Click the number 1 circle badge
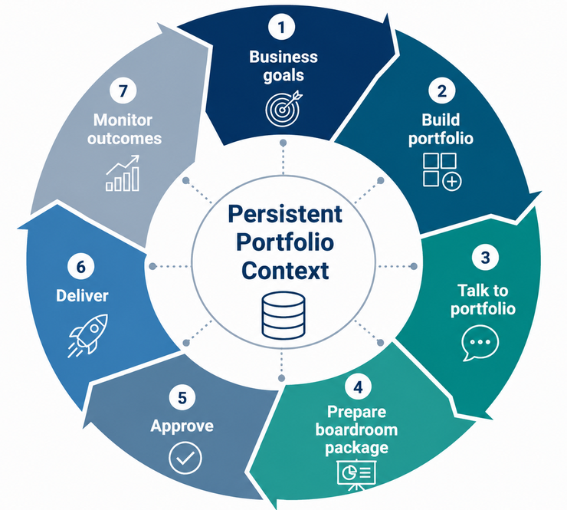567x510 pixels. point(282,26)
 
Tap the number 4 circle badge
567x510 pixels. point(358,387)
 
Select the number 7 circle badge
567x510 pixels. point(123,90)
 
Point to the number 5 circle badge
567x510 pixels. point(182,397)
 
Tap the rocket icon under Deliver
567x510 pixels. point(88,335)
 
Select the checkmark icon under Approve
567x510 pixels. point(185,458)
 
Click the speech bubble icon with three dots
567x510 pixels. point(480,343)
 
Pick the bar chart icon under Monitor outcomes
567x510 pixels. point(123,173)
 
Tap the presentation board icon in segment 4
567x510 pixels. point(356,474)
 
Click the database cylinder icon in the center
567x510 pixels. point(283,315)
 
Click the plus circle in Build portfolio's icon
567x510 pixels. point(451,181)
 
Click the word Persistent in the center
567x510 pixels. point(285,214)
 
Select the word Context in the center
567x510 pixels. point(285,271)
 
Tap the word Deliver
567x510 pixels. point(82,296)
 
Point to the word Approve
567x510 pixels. point(182,426)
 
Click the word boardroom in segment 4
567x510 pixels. point(356,429)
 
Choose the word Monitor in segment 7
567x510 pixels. point(123,120)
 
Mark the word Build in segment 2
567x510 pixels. point(441,120)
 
